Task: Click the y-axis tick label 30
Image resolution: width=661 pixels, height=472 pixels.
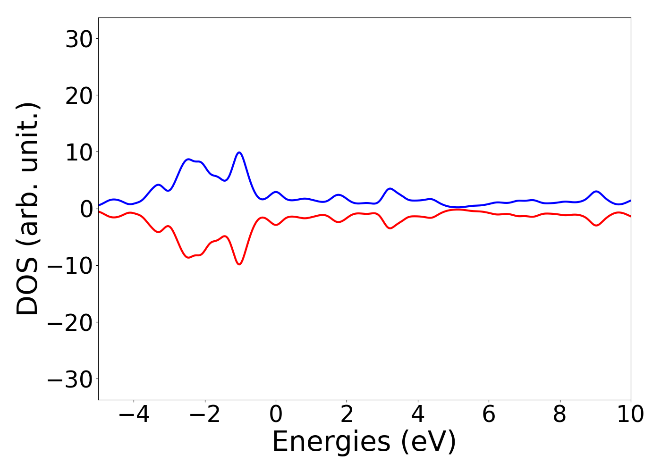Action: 78,40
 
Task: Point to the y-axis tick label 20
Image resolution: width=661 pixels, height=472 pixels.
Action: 78,96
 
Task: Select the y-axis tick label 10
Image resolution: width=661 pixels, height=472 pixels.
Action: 78,153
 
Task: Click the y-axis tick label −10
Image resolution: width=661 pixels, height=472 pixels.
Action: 70,266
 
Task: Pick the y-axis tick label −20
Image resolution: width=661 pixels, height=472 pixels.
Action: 70,323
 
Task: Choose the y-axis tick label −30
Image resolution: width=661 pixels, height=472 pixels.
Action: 70,380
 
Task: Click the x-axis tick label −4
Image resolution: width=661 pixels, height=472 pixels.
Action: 134,415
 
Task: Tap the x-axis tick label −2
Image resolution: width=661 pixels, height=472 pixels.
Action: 205,415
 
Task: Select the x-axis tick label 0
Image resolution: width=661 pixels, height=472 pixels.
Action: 276,415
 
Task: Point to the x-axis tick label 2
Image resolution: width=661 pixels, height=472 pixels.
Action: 347,415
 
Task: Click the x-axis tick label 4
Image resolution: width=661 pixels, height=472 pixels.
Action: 418,415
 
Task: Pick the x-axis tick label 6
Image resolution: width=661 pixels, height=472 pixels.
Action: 489,415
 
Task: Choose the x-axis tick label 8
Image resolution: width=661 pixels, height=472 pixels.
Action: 559,415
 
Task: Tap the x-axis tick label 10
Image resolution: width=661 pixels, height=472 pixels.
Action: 630,415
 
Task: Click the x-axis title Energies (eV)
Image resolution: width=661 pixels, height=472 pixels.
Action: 364,442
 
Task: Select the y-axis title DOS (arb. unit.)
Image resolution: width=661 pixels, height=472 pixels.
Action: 28,209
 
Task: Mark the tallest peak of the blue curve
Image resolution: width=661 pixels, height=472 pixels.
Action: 239,152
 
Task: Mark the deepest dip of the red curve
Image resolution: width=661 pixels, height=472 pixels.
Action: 239,264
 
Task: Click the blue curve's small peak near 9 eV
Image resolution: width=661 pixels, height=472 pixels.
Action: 596,191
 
